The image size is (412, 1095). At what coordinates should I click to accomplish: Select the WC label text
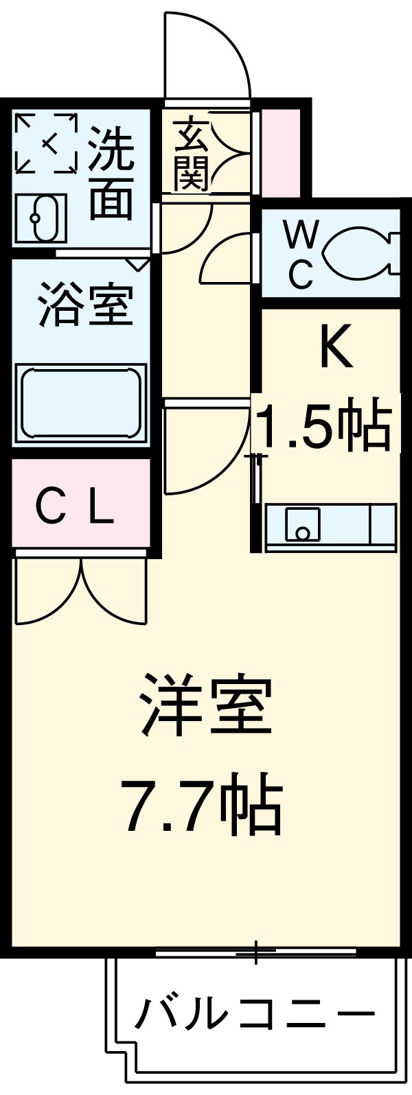click(300, 256)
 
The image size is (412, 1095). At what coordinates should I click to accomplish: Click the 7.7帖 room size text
click(201, 803)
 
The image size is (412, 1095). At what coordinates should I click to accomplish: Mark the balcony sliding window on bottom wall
click(255, 952)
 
